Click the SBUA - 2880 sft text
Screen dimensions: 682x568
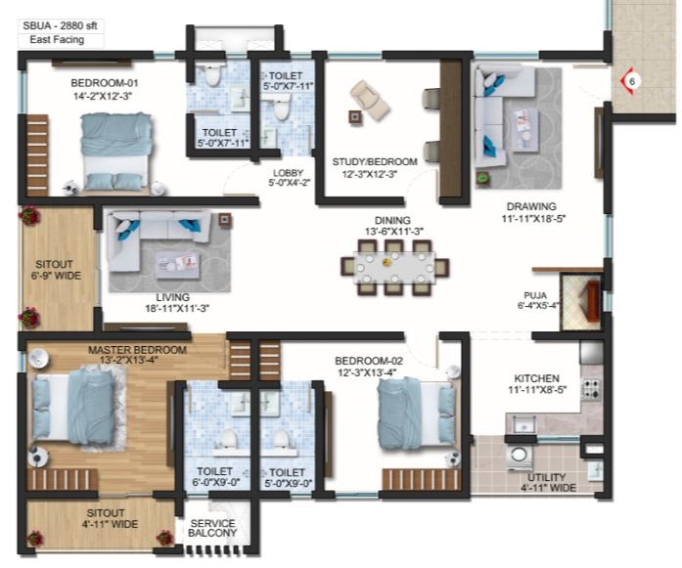[60, 25]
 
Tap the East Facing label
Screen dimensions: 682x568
[57, 39]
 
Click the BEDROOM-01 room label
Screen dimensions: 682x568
[105, 83]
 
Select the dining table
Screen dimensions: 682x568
[394, 269]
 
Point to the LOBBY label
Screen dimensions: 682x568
[289, 172]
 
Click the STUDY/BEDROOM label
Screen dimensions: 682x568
[375, 161]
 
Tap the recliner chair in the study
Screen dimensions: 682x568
[369, 101]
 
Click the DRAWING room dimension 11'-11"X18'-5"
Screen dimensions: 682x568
[533, 219]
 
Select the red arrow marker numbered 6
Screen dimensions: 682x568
[627, 81]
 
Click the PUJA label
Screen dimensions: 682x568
[535, 295]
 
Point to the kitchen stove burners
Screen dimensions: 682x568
[592, 386]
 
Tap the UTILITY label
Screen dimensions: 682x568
[546, 477]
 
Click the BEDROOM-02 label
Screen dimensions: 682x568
[369, 361]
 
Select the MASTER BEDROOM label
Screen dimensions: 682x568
[137, 350]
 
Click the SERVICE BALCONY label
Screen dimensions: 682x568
[212, 528]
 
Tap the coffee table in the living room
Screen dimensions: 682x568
[178, 266]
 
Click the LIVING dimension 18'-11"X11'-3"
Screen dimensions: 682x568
[177, 309]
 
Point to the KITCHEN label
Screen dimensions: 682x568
[537, 378]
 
